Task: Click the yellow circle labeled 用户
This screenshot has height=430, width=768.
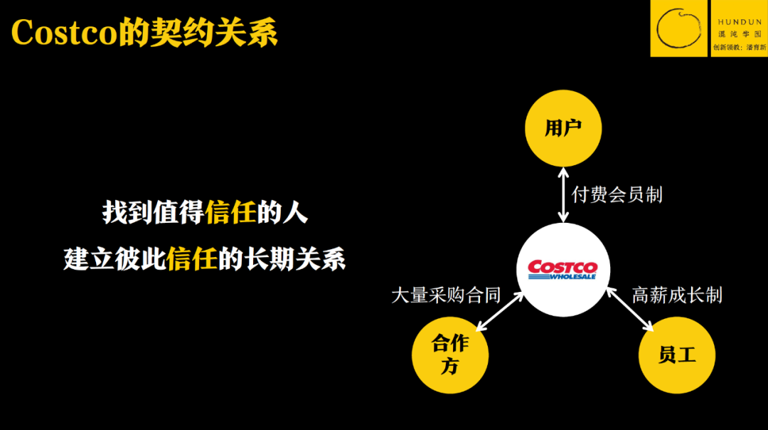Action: click(x=563, y=129)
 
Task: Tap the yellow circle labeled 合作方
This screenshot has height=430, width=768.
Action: click(x=450, y=355)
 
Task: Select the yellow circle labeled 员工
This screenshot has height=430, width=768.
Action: click(x=676, y=355)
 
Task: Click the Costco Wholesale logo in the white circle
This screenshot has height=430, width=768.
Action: click(x=562, y=269)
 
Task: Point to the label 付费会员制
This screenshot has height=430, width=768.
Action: click(x=617, y=194)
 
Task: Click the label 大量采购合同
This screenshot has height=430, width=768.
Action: click(x=446, y=295)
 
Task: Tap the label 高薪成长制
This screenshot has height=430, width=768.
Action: click(x=677, y=295)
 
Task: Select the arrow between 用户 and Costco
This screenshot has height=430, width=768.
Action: click(x=563, y=194)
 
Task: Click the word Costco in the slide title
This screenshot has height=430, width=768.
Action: click(x=64, y=32)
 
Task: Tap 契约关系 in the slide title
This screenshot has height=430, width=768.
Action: click(x=213, y=32)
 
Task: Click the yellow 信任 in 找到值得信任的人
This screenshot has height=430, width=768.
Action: click(x=230, y=212)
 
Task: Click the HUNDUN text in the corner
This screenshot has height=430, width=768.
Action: click(x=740, y=22)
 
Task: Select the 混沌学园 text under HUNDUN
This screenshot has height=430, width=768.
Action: click(x=740, y=33)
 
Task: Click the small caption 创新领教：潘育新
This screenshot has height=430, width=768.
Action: click(x=740, y=47)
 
